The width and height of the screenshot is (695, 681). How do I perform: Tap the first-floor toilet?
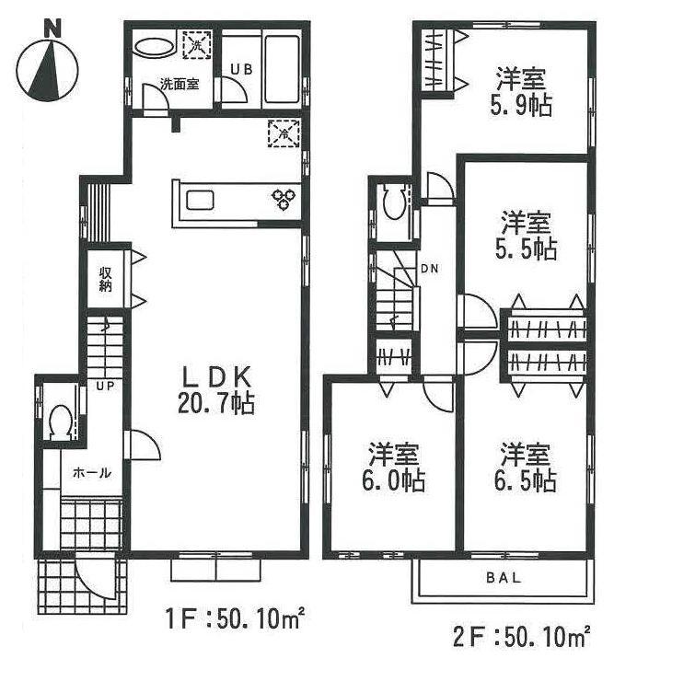pyautogui.click(x=61, y=421)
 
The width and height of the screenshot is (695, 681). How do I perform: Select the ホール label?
pyautogui.click(x=92, y=473)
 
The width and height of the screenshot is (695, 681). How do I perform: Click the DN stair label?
pyautogui.click(x=430, y=269)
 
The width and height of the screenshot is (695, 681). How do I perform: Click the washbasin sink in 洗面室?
pyautogui.click(x=152, y=46)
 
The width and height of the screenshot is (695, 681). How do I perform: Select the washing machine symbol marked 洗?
pyautogui.click(x=196, y=43)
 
